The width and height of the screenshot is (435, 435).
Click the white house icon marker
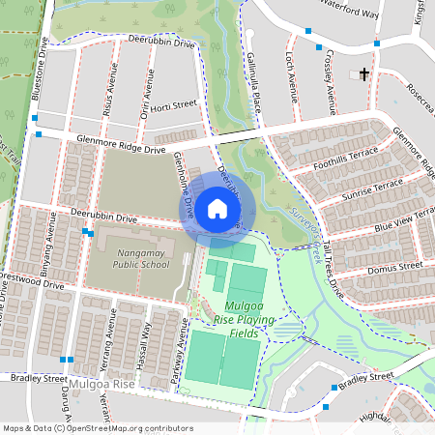click(x=217, y=208)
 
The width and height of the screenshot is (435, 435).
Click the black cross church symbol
click(x=364, y=74)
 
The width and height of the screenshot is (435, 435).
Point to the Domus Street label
click(x=396, y=264)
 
